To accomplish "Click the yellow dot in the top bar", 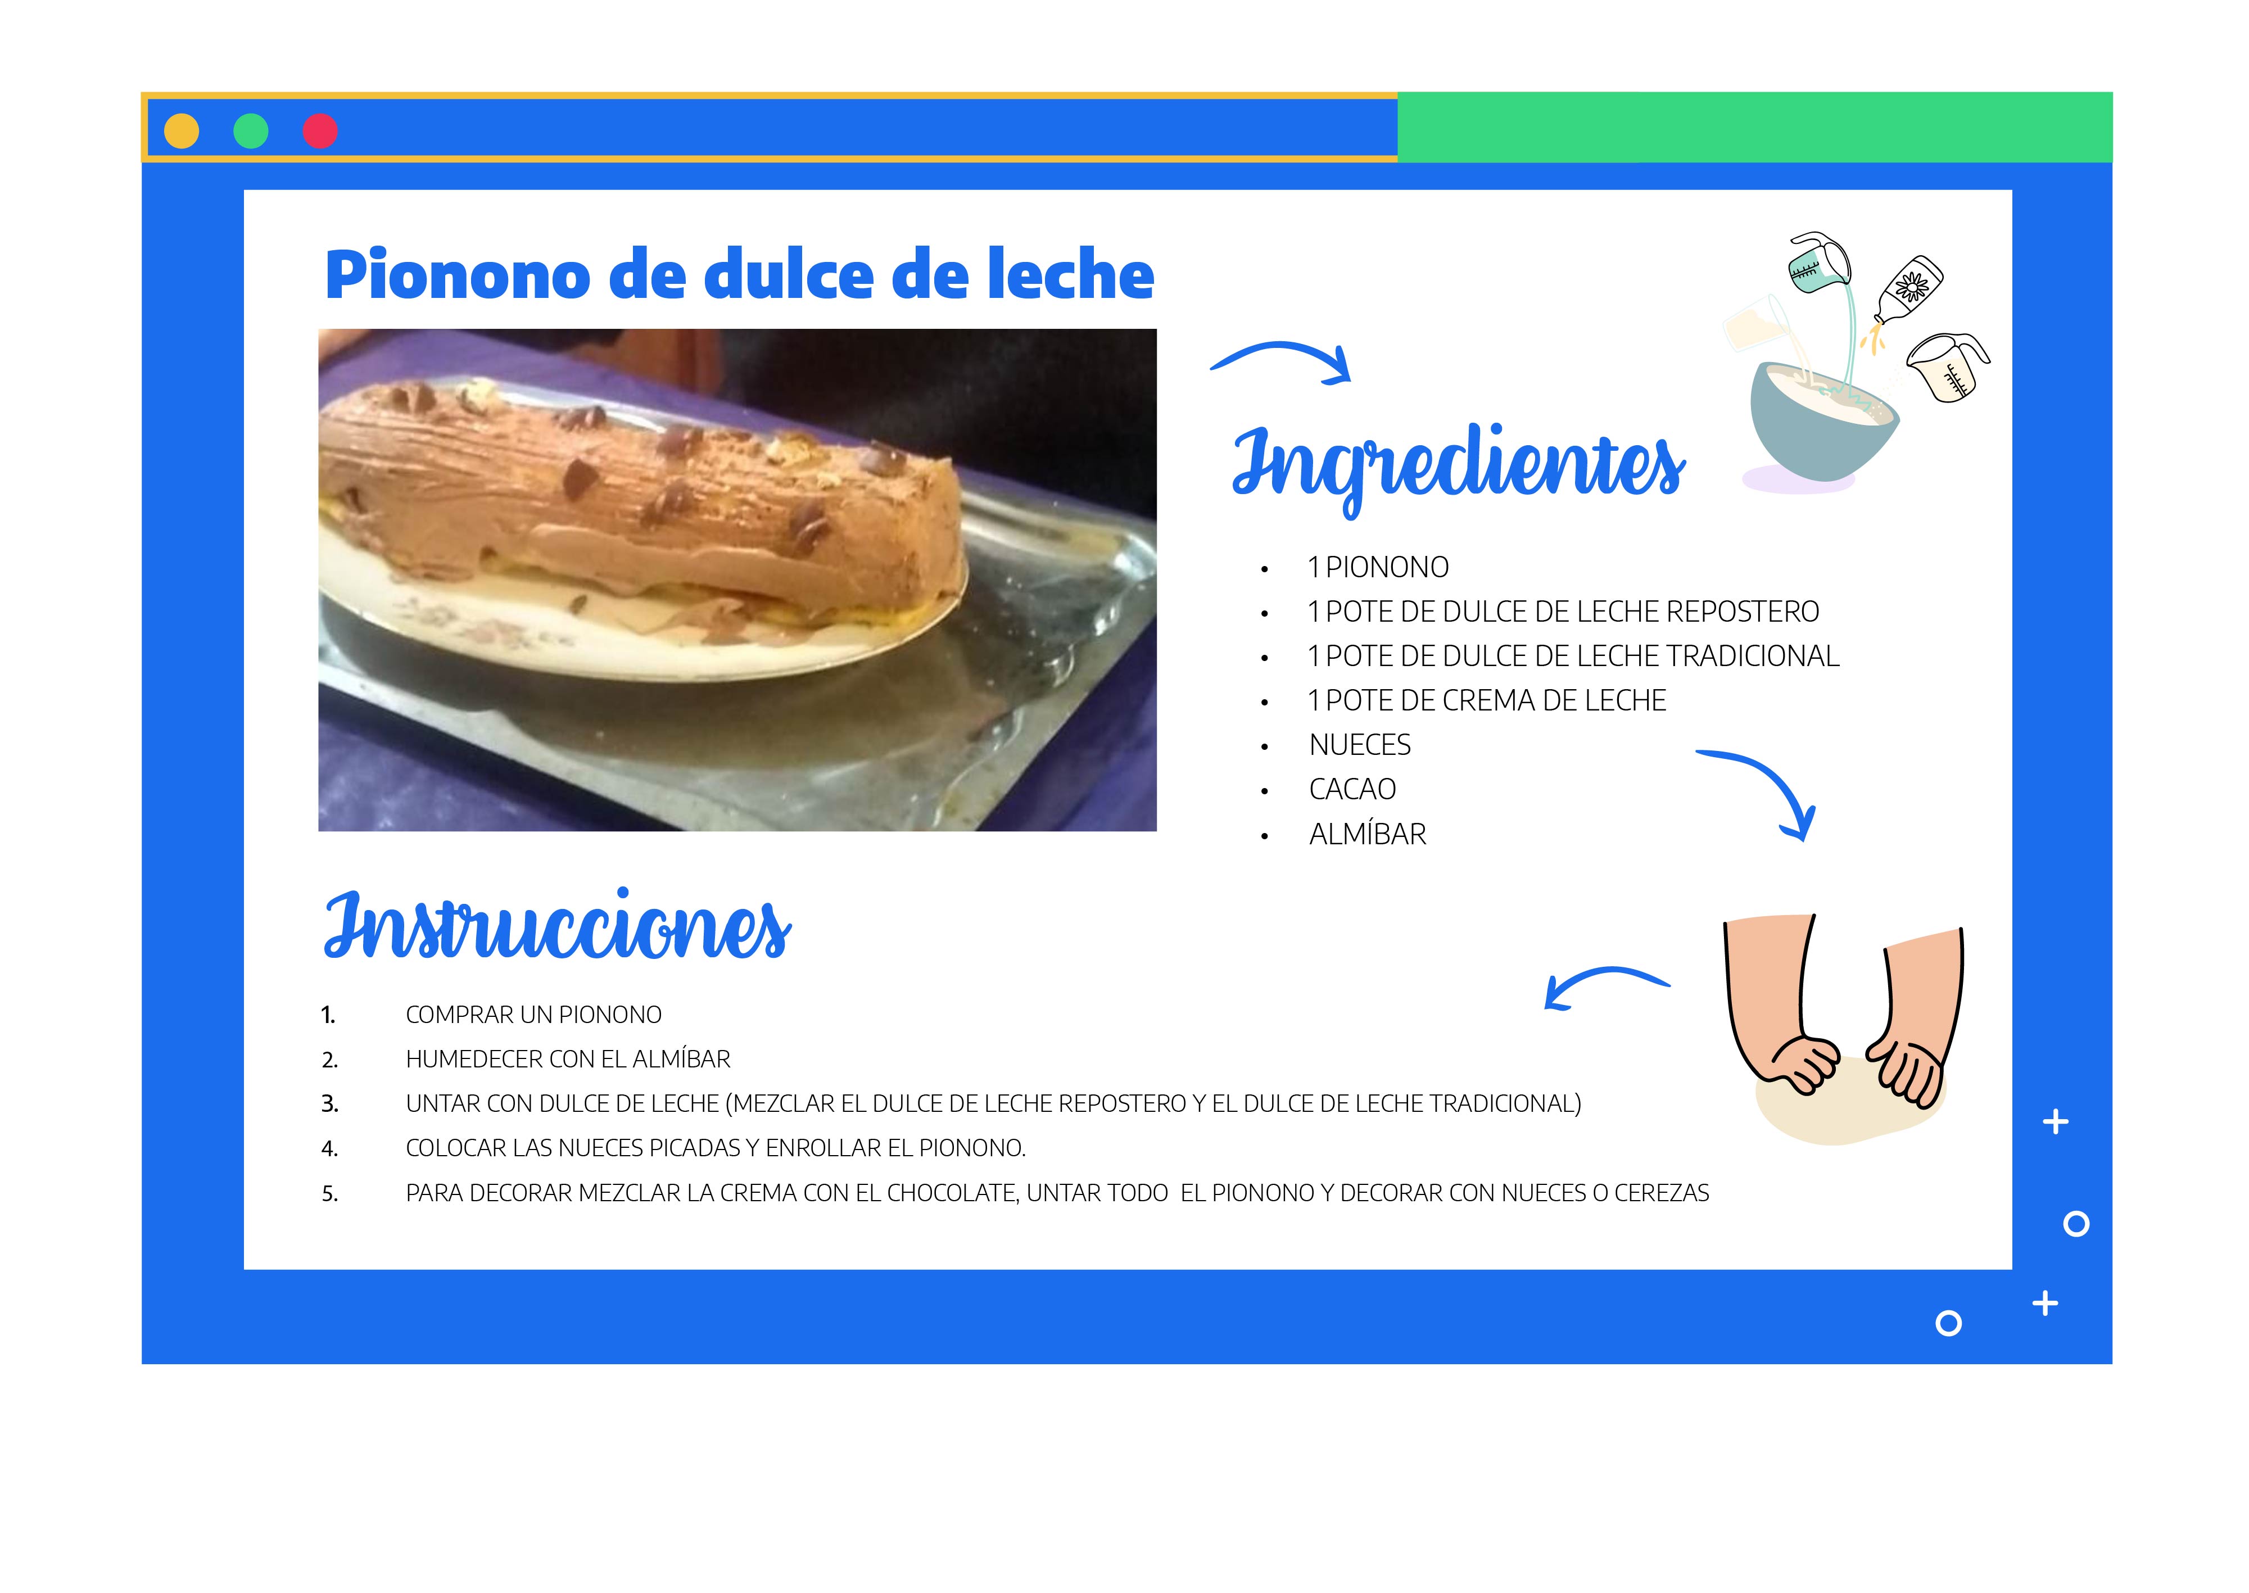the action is [x=182, y=130].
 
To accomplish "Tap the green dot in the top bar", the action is [x=251, y=130].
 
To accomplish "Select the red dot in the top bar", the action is [x=320, y=130].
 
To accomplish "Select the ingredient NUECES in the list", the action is [x=1359, y=745].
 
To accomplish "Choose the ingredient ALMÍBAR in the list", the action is [x=1367, y=834].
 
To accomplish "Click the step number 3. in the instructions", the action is [x=331, y=1105].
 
